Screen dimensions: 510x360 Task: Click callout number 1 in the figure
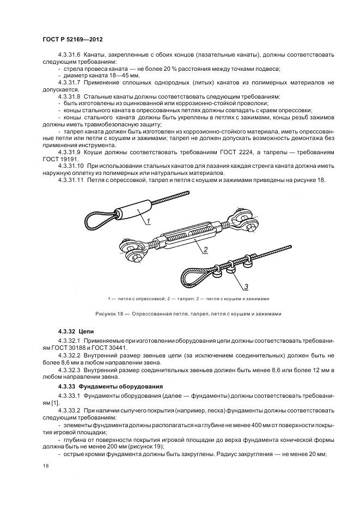147,221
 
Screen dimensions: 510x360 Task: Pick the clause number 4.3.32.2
69,355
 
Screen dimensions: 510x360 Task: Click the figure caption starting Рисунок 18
188,313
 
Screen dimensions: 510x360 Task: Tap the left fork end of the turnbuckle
132,251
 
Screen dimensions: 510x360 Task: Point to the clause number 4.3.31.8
69,95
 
